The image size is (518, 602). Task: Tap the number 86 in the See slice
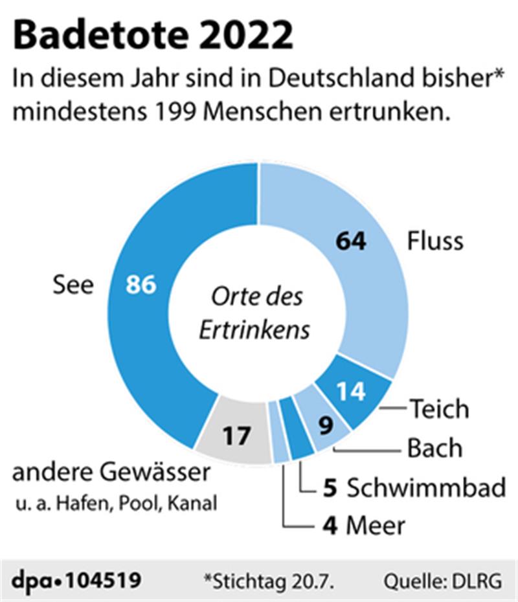(x=141, y=285)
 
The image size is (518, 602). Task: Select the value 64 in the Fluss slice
(x=352, y=241)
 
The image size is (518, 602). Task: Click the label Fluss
(x=435, y=241)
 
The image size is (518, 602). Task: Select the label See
(x=73, y=285)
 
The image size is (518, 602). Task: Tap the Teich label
(x=438, y=409)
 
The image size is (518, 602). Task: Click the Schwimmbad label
(x=426, y=487)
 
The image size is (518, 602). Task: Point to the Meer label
(x=376, y=526)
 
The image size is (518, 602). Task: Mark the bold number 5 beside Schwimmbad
(x=329, y=487)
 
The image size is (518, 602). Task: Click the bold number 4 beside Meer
(x=329, y=526)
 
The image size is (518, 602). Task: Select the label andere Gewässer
(x=111, y=473)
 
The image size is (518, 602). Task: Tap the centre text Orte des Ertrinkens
(x=254, y=313)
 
